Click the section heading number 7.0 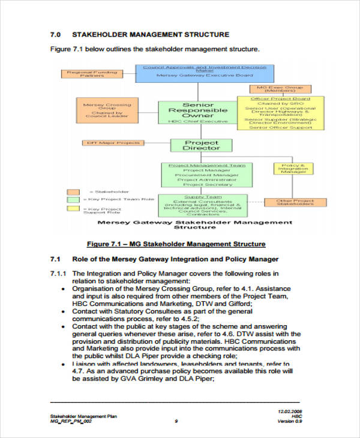click(55, 34)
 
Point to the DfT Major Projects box click(113, 143)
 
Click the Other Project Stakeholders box click(295, 202)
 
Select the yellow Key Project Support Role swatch click(73, 208)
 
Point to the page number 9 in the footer click(176, 421)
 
